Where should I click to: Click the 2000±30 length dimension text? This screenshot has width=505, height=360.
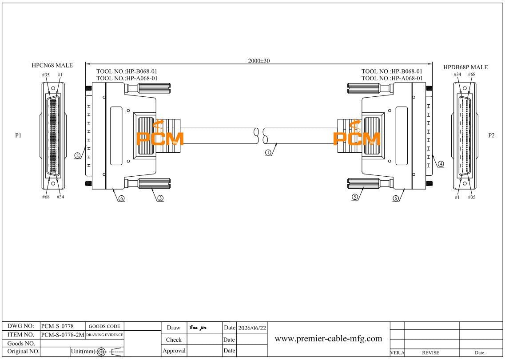click(x=259, y=61)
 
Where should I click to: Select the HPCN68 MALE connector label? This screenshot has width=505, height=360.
click(x=52, y=65)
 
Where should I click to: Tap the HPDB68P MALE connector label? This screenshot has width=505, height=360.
click(x=465, y=67)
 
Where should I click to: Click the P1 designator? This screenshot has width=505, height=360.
click(x=18, y=135)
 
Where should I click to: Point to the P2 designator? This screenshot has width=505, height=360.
click(x=491, y=135)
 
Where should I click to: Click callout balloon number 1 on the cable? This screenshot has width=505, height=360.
click(x=268, y=153)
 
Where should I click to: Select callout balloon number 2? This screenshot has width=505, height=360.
click(x=77, y=156)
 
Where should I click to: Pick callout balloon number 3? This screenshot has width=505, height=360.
click(x=160, y=198)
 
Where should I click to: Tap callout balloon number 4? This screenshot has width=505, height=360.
click(x=441, y=164)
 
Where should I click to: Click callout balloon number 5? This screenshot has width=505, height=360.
click(x=355, y=197)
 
